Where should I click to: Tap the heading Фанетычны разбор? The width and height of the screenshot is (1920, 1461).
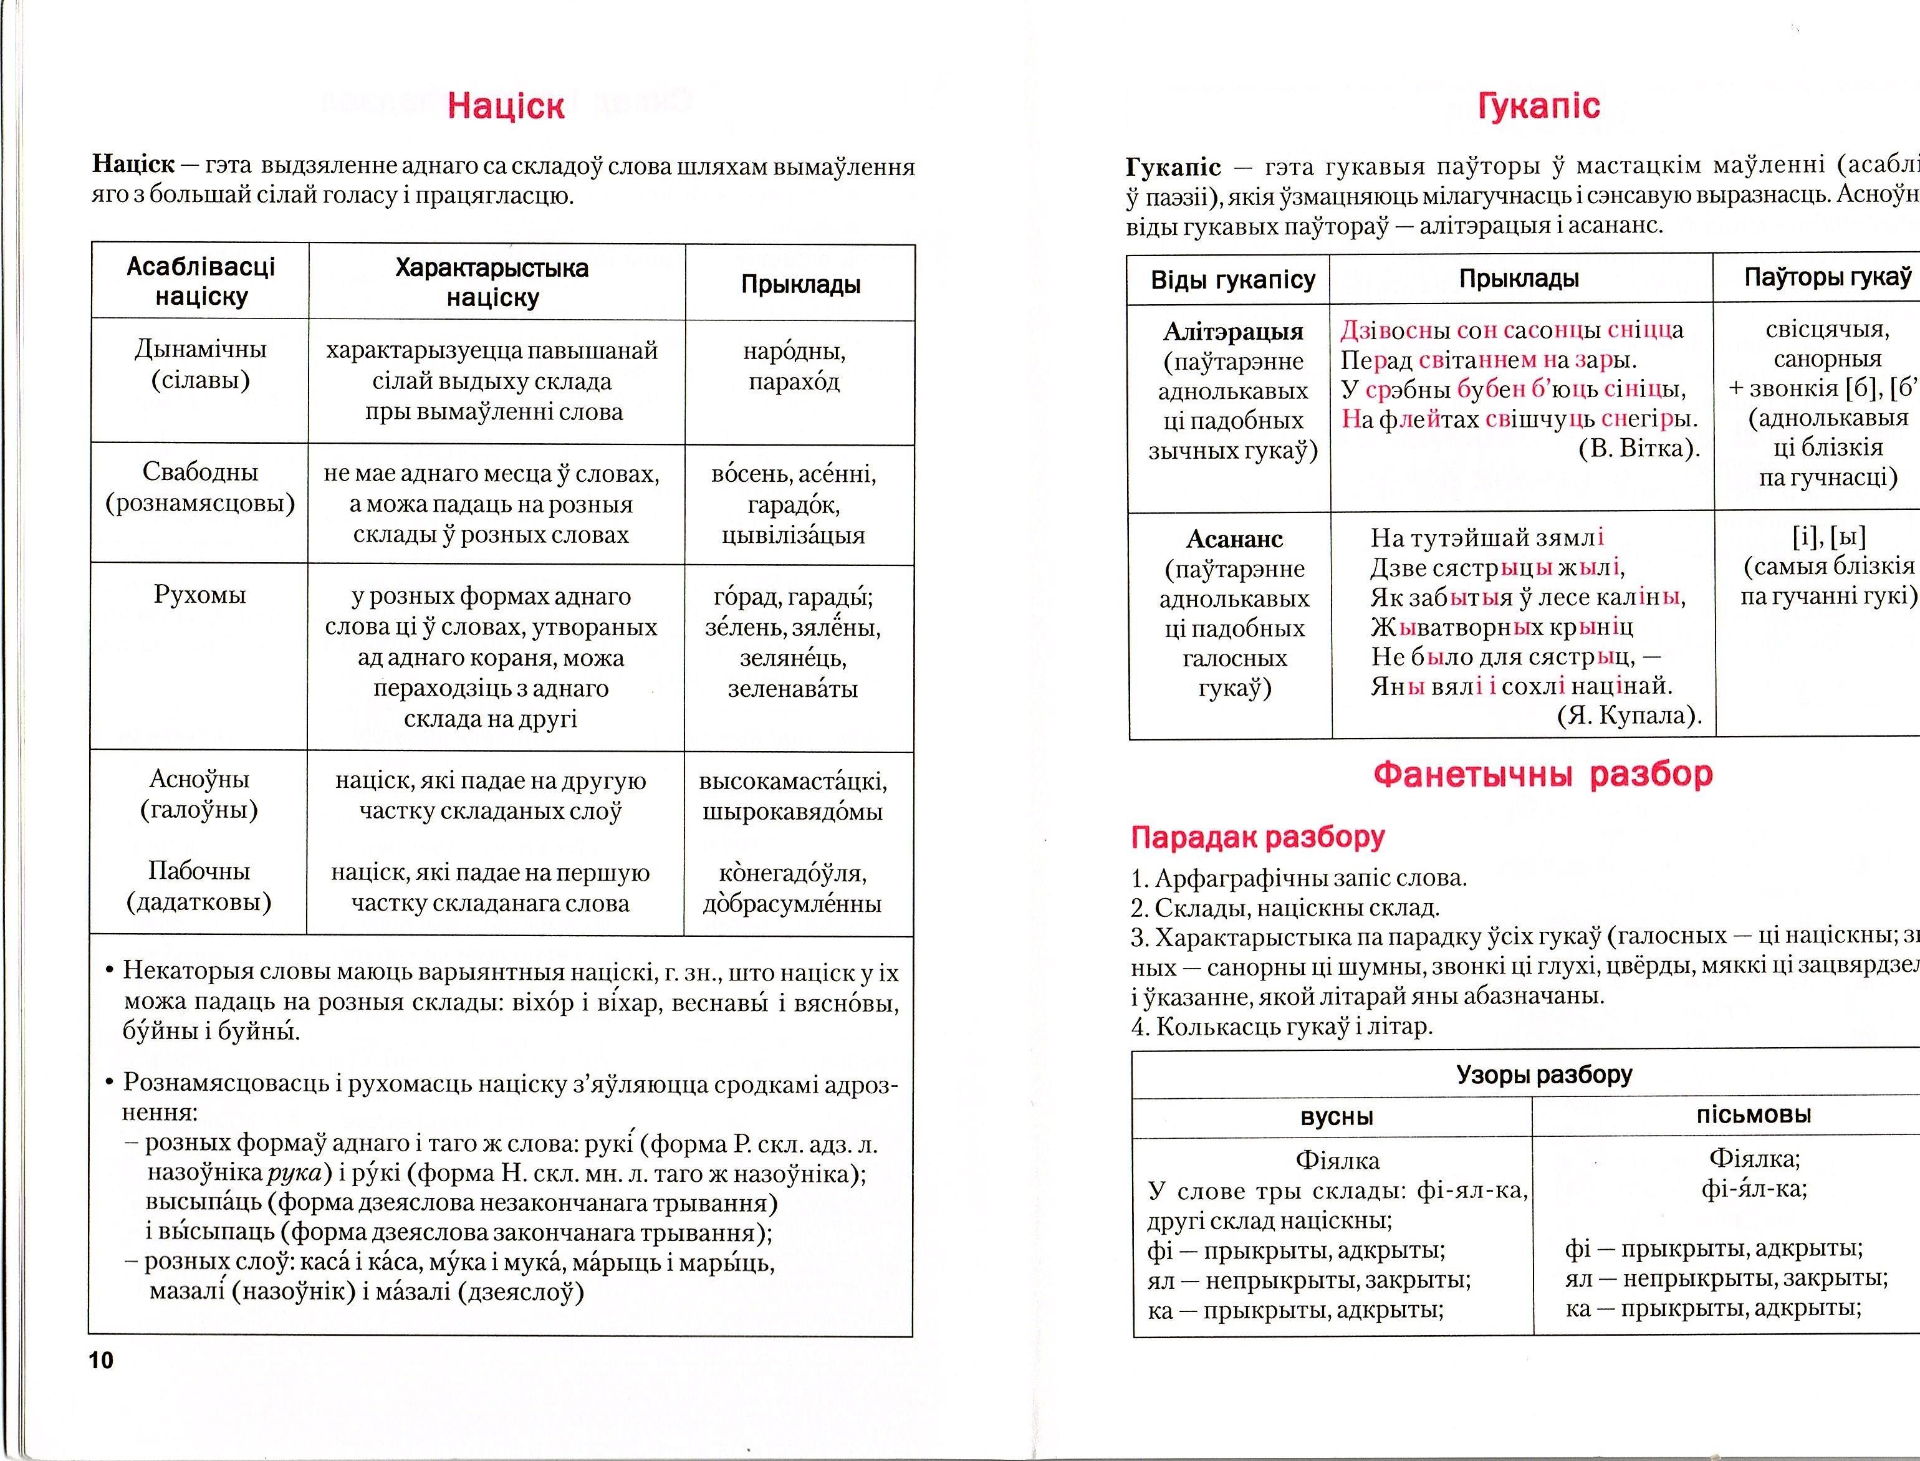pyautogui.click(x=1543, y=774)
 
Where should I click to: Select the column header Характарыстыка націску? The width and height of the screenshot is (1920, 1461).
pyautogui.click(x=492, y=282)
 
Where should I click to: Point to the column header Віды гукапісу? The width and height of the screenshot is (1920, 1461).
pyautogui.click(x=1232, y=280)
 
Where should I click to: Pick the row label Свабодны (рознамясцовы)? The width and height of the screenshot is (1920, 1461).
pyautogui.click(x=200, y=488)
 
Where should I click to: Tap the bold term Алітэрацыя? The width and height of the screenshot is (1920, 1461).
pyautogui.click(x=1233, y=332)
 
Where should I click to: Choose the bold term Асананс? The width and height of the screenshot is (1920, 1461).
pyautogui.click(x=1234, y=539)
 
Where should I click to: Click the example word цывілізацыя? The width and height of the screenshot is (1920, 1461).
pyautogui.click(x=793, y=535)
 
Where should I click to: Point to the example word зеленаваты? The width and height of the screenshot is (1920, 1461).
pyautogui.click(x=792, y=689)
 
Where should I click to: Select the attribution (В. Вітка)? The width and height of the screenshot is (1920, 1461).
pyautogui.click(x=1638, y=449)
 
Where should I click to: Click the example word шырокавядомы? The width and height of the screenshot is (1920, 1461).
pyautogui.click(x=792, y=812)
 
